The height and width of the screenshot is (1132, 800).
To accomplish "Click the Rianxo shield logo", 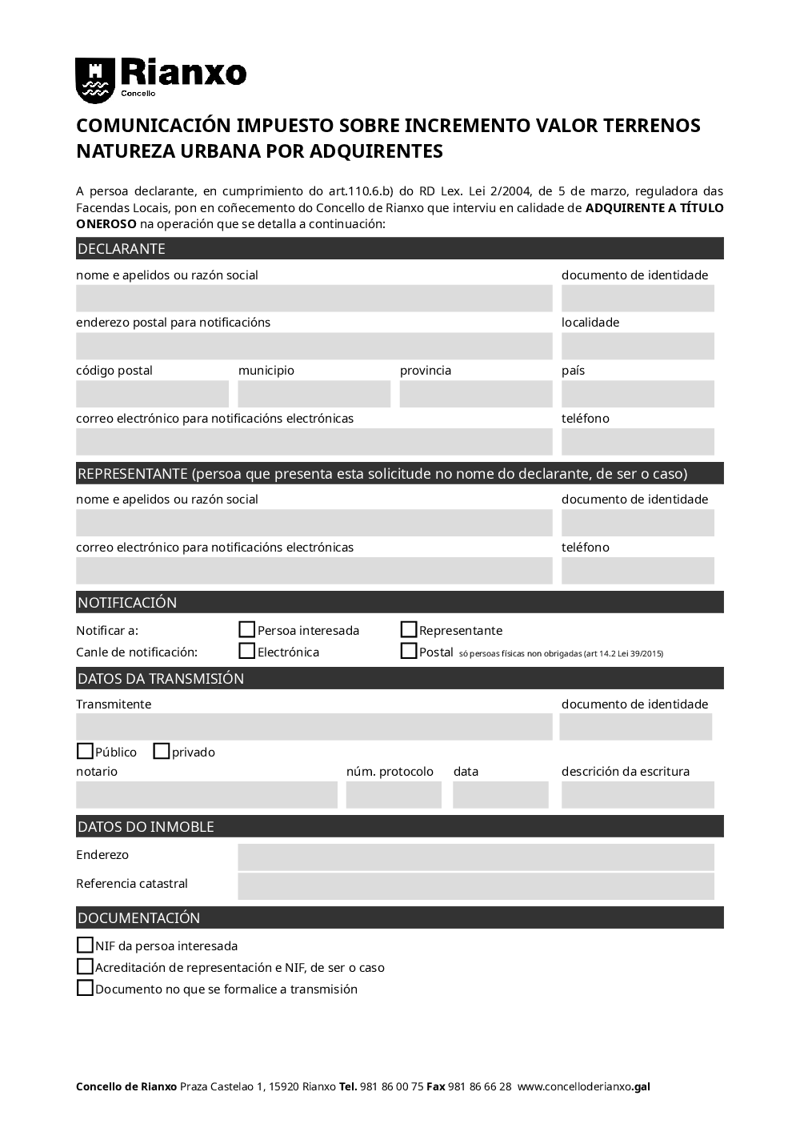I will (95, 80).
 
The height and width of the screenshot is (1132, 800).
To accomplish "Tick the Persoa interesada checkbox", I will (247, 630).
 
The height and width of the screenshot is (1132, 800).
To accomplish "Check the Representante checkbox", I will (409, 630).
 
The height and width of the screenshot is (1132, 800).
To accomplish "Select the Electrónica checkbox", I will (247, 652).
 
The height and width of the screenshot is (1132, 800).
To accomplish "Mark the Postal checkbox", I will (409, 652).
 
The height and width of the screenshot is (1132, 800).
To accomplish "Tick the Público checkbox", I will (85, 752).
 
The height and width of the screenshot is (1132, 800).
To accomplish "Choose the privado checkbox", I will (162, 752).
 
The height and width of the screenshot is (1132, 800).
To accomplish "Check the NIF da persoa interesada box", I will (85, 945).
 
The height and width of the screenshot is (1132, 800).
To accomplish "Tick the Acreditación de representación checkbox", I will (85, 967).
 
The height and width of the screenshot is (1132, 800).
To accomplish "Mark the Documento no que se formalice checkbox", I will (85, 989).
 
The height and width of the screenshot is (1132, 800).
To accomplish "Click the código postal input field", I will (152, 394).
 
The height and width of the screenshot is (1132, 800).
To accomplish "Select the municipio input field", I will (314, 394).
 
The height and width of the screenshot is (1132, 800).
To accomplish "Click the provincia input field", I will (476, 394).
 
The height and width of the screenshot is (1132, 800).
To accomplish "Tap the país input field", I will (638, 394).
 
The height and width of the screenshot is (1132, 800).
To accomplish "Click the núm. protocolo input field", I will (394, 795).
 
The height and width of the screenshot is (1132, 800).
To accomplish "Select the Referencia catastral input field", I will (476, 886).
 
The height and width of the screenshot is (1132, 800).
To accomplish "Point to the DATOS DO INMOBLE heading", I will (146, 827).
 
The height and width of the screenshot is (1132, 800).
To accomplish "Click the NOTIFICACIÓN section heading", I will (127, 603).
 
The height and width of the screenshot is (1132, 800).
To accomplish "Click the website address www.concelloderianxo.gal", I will (584, 1087).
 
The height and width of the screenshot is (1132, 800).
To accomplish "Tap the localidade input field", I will (638, 346).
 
